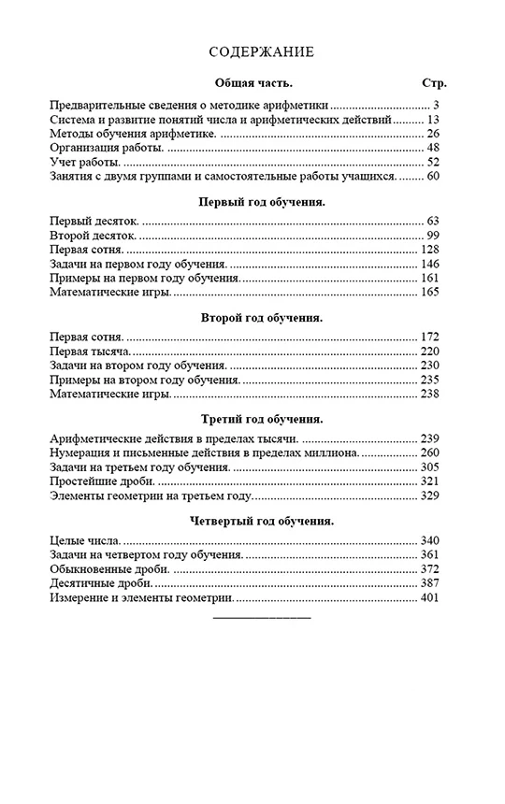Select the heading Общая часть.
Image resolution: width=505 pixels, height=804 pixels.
[x=254, y=83]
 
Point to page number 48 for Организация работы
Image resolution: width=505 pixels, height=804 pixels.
[x=432, y=148]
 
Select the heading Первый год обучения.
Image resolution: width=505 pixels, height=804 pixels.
[x=262, y=201]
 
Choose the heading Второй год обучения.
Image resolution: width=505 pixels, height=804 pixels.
[x=262, y=318]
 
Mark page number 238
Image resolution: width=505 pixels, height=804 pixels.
[x=429, y=394]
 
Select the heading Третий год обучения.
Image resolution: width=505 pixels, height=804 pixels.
[x=262, y=419]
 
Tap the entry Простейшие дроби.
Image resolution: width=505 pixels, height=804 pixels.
[x=103, y=481]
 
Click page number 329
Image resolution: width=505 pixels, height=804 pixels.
[x=429, y=495]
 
